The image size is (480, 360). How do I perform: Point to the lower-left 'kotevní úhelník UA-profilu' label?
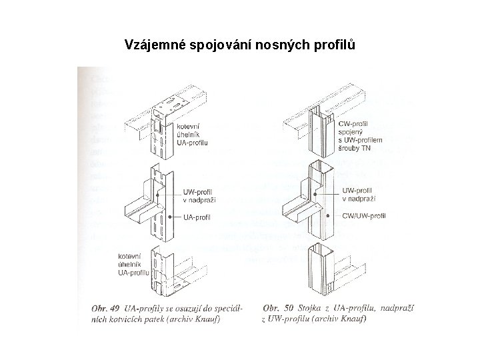click(x=133, y=265)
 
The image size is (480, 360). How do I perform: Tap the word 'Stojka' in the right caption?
click(x=310, y=308)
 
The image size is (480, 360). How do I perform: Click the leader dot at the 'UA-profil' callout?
click(x=171, y=217)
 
